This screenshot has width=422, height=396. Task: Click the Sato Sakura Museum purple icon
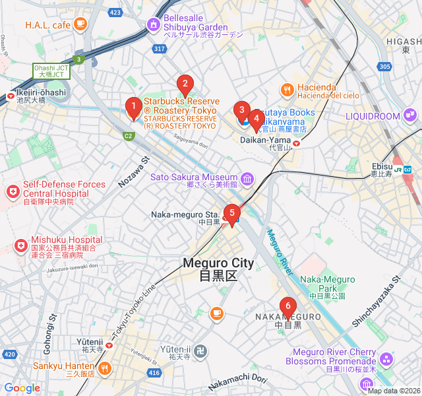coord(247,178)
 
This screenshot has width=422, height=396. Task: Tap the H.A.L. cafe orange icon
coord(80,24)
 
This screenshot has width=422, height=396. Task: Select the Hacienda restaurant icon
coord(287,89)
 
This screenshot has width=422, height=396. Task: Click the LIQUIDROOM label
coord(373,116)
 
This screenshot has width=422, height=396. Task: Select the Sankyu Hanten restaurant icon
coord(103,368)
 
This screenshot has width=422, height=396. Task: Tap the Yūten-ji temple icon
coord(202,350)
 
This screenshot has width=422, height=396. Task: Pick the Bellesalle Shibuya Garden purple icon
coord(154,25)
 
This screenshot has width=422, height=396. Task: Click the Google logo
coord(22,388)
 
